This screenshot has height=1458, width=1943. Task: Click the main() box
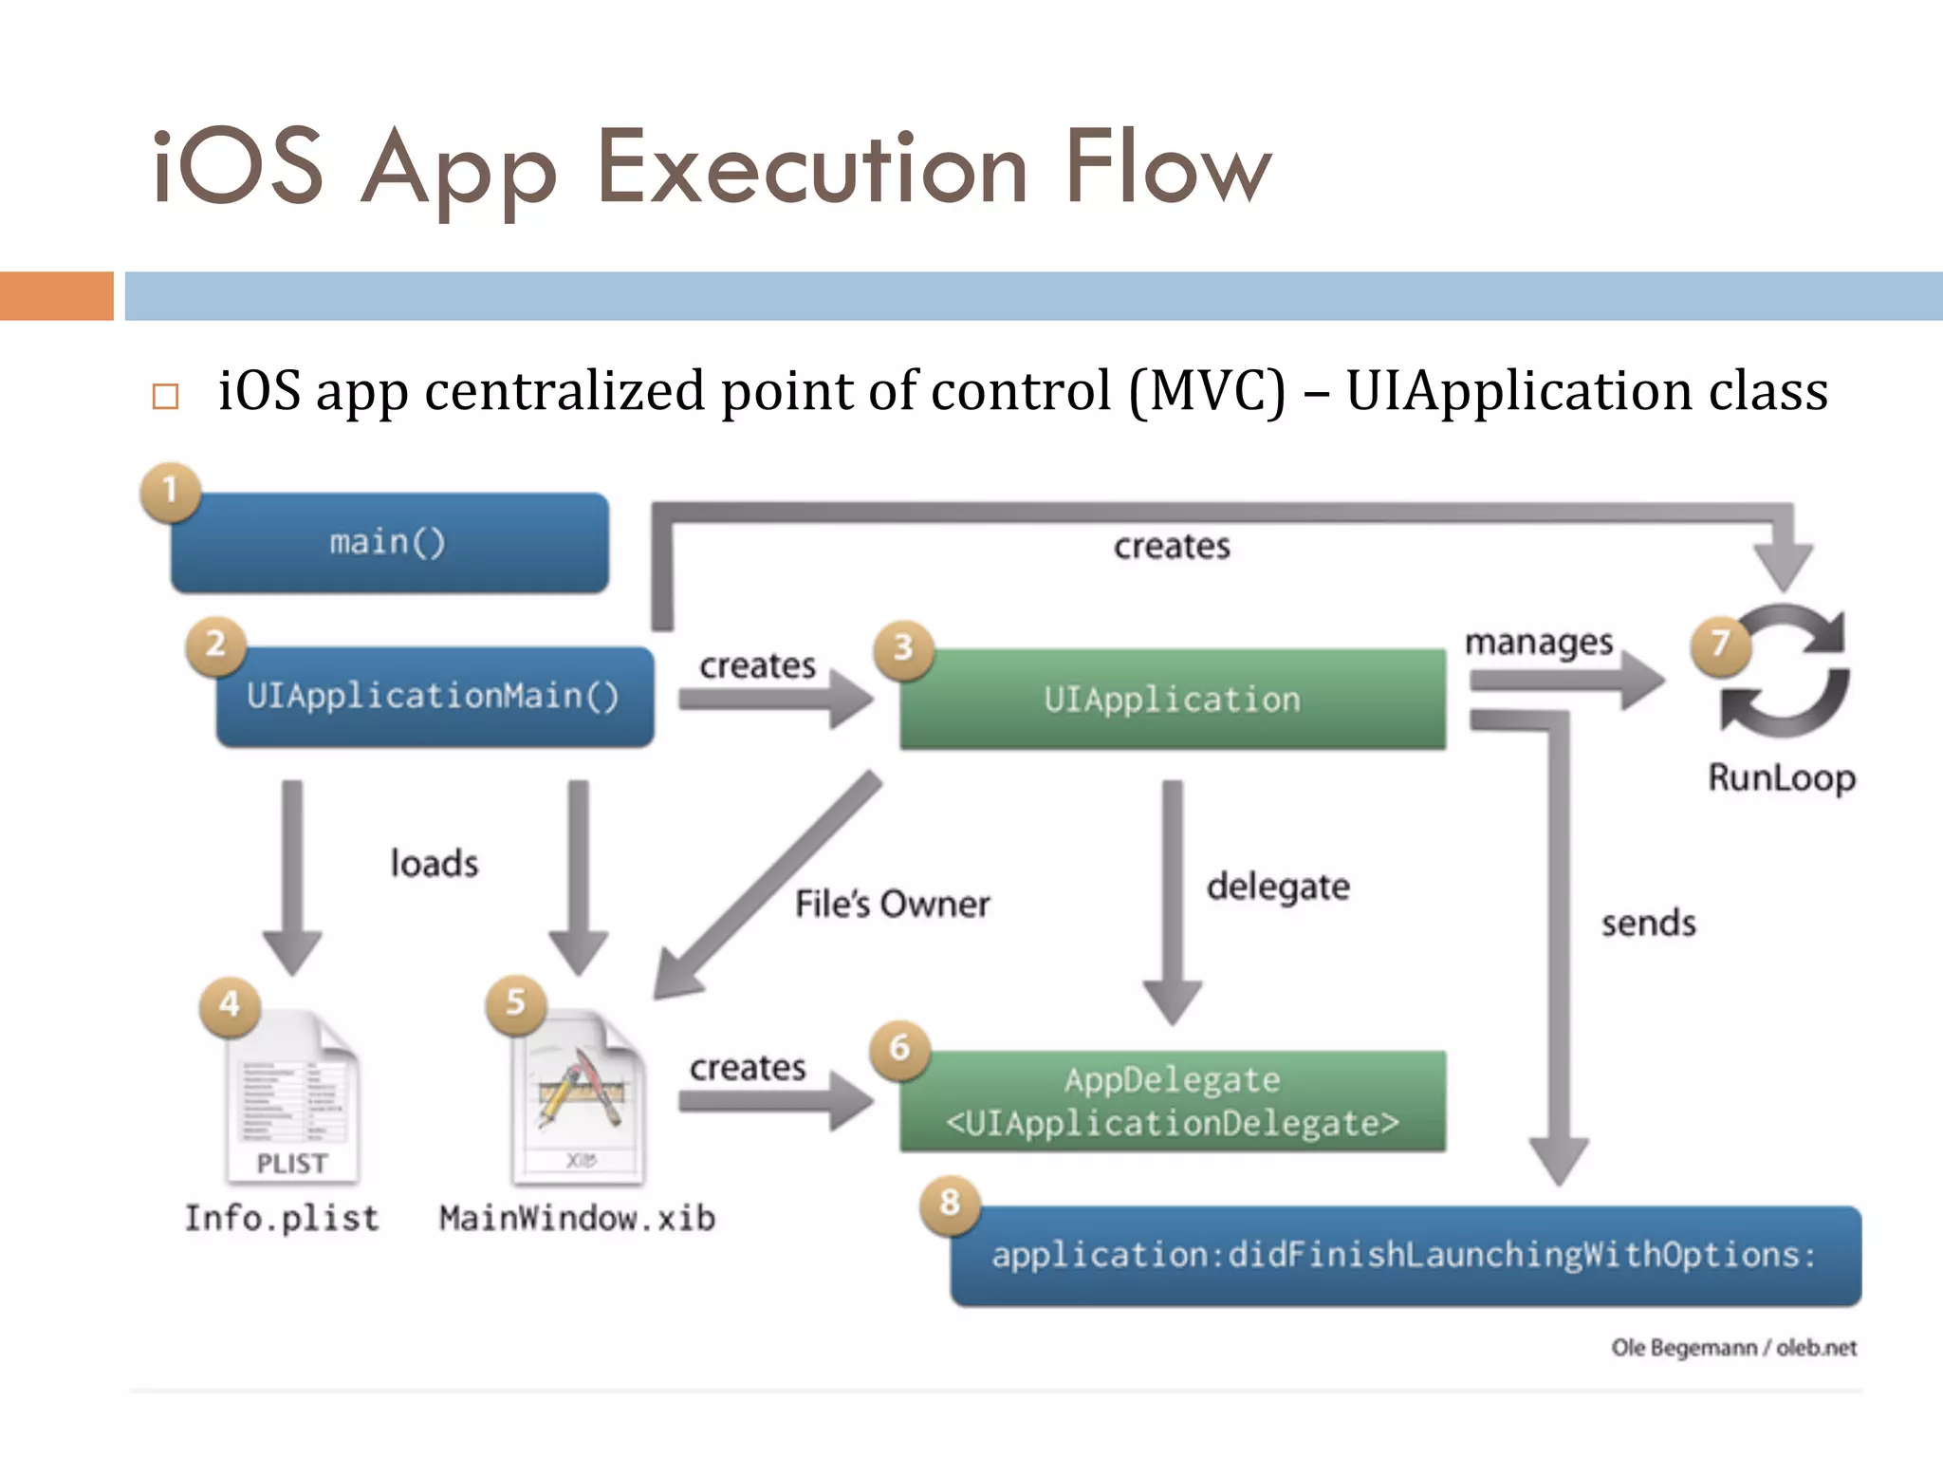pos(389,543)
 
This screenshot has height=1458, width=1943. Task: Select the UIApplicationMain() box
pos(435,697)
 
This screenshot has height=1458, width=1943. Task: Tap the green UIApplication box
pos(1173,700)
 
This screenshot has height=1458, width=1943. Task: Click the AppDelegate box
pos(1173,1101)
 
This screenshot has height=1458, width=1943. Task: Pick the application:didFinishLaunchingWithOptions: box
pos(1405,1256)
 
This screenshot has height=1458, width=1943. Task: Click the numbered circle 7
pos(1720,645)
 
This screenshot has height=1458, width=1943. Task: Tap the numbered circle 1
pos(170,492)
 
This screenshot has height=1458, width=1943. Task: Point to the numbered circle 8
pos(950,1204)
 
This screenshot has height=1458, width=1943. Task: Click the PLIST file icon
pos(293,1101)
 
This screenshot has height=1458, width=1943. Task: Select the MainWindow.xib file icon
pos(579,1101)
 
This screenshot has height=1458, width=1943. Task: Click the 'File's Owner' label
pos(892,904)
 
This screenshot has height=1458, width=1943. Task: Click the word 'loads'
pos(435,864)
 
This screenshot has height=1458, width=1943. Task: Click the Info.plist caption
pos(282,1219)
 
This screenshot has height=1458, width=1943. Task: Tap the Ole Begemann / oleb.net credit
pos(1733,1348)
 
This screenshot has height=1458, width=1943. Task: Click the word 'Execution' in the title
pos(813,169)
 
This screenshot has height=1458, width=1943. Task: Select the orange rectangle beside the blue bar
pos(57,296)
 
